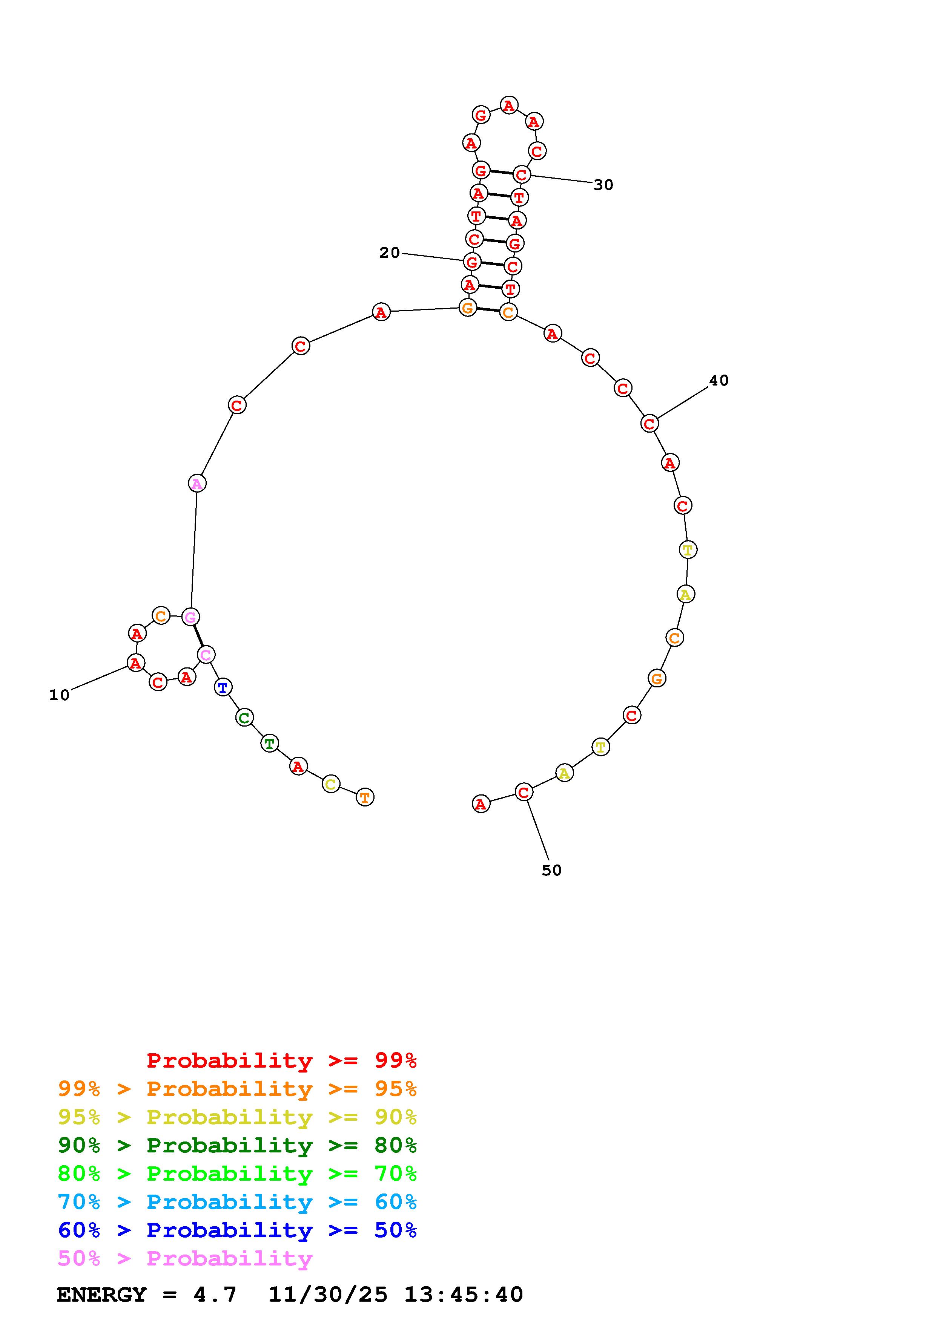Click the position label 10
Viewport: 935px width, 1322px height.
point(59,695)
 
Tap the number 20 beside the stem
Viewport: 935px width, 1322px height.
point(390,253)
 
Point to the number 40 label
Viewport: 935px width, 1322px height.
point(719,381)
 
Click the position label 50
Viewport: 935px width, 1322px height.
point(551,871)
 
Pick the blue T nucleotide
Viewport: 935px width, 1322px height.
point(223,687)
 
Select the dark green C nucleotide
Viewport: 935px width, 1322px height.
point(244,718)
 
